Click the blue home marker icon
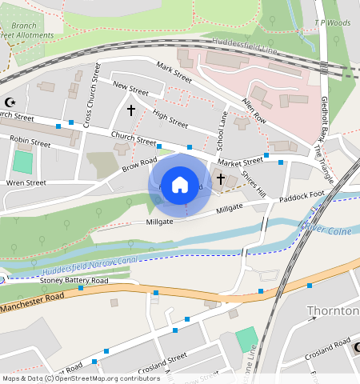180,184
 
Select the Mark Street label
174,72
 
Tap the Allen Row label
254,110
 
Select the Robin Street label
30,142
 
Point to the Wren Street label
26,182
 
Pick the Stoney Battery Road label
74,281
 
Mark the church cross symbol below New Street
131,108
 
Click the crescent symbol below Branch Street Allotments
10,102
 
